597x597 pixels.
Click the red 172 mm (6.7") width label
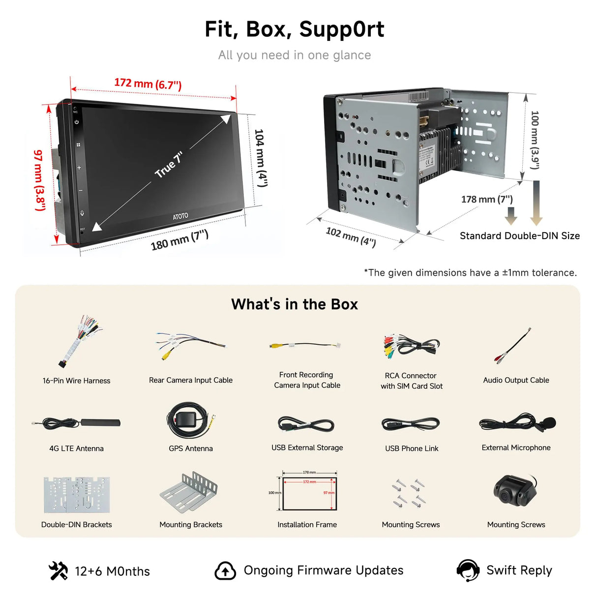[x=148, y=84]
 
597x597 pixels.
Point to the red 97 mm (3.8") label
[x=39, y=180]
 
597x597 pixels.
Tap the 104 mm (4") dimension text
[x=261, y=158]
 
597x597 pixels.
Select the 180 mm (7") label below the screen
[x=179, y=239]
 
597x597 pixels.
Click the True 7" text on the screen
[x=169, y=165]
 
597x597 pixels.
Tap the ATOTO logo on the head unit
[x=180, y=216]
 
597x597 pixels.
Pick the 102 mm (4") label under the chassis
[x=351, y=237]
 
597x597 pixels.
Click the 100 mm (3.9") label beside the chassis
[x=535, y=140]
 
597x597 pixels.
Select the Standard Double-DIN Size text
[x=519, y=236]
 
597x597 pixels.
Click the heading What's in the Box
[x=295, y=304]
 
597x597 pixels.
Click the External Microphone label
[x=516, y=448]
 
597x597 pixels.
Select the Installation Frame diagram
[x=309, y=493]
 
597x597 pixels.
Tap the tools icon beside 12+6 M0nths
[x=58, y=570]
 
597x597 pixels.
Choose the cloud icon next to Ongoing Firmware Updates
[x=225, y=570]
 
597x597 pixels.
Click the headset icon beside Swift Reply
[x=468, y=570]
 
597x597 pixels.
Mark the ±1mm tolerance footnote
[x=470, y=272]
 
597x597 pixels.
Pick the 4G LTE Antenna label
[x=76, y=448]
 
